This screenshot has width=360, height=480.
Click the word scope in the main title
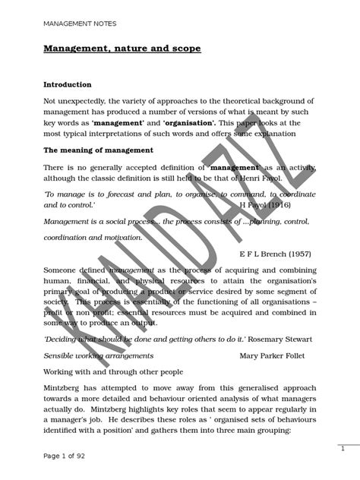click(x=183, y=49)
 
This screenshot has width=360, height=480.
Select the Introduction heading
click(x=67, y=84)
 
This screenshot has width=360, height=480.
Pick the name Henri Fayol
click(x=242, y=178)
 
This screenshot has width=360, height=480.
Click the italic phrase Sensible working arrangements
click(x=99, y=355)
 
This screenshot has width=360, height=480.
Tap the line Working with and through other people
click(x=113, y=371)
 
